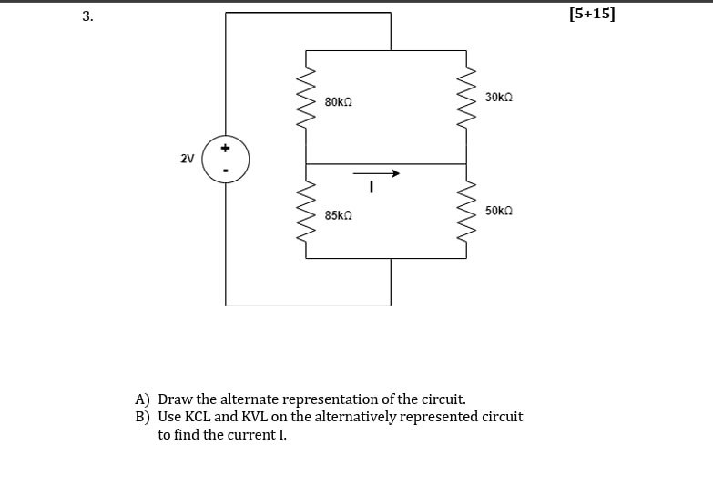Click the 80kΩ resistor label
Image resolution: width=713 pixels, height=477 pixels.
coord(338,102)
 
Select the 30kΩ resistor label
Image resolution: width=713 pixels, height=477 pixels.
coord(499,97)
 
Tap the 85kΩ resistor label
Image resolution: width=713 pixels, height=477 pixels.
coord(338,215)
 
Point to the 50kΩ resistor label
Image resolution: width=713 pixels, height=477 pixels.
coord(499,211)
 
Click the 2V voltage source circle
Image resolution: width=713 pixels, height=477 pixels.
coord(226,159)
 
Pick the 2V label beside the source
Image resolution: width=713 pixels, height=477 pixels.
coord(187,159)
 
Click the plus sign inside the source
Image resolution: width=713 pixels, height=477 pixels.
coord(226,147)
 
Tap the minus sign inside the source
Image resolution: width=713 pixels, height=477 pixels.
coord(226,171)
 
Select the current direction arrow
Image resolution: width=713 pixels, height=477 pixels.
coord(376,172)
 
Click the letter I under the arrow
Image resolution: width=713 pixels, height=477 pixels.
coord(372,189)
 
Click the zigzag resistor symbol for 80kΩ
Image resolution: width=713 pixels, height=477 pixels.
coord(306,98)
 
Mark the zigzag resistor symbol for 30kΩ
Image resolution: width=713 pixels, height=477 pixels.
coord(468,98)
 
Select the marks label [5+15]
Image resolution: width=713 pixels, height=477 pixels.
coord(596,14)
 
